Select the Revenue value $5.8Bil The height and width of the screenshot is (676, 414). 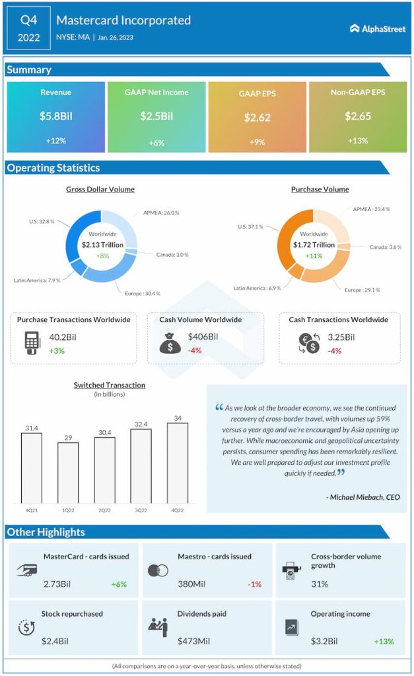(x=55, y=116)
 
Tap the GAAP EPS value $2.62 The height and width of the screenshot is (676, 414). (x=257, y=118)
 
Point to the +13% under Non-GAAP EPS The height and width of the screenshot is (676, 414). (x=357, y=141)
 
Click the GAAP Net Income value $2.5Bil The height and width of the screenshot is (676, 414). (x=156, y=116)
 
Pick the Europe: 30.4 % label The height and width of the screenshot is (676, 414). (x=142, y=293)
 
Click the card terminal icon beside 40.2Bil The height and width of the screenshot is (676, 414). (x=31, y=343)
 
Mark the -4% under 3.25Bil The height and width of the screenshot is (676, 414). (x=335, y=351)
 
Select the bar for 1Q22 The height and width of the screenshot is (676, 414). (x=68, y=471)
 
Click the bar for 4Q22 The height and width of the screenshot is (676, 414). (x=176, y=461)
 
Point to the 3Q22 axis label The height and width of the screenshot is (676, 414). (x=140, y=510)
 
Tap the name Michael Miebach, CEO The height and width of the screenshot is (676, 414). (x=364, y=497)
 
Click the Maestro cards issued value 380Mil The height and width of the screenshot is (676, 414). (x=192, y=584)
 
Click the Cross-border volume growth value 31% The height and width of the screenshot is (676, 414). (x=320, y=584)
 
